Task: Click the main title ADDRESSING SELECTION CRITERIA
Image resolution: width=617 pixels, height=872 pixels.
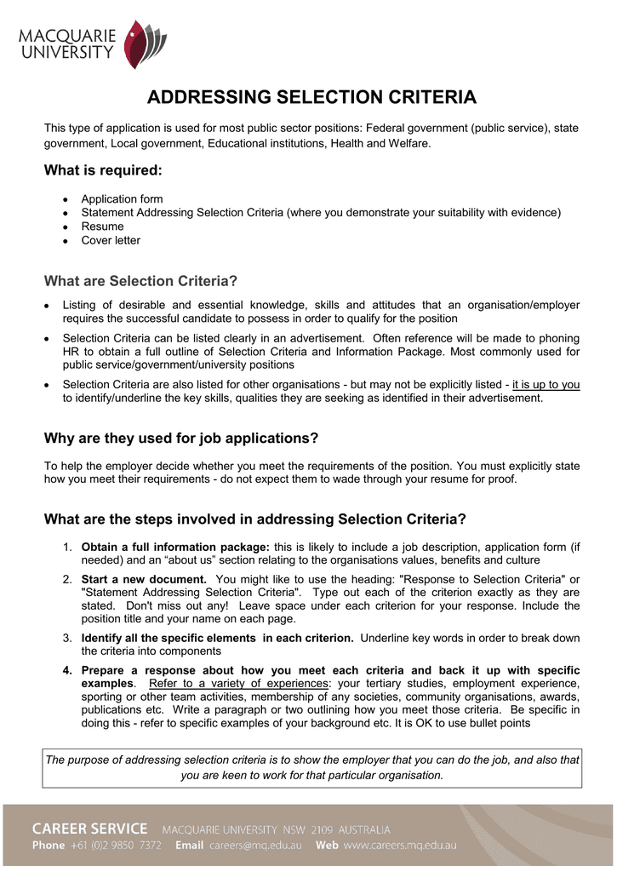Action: (311, 97)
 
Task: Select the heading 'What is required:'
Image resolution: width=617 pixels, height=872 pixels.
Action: (102, 170)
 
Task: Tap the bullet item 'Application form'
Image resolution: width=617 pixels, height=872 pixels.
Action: (122, 199)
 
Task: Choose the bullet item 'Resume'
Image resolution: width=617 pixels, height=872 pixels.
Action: (102, 227)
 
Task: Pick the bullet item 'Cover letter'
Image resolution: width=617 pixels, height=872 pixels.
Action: (111, 240)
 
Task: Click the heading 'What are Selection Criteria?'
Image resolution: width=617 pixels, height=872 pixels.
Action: (140, 281)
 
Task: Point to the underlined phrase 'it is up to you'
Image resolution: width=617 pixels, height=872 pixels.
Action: (546, 384)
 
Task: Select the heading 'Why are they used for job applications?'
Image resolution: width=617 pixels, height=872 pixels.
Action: (180, 439)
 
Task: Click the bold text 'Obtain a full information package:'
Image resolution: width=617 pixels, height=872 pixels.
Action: (175, 547)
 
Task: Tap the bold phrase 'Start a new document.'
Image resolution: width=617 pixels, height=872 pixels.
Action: (144, 579)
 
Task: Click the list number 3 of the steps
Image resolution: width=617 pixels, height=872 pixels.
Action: (67, 638)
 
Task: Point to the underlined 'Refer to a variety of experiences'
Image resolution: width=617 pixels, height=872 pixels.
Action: (238, 684)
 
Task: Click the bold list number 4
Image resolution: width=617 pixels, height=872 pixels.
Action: (67, 670)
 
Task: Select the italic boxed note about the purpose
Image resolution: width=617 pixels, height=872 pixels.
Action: (311, 767)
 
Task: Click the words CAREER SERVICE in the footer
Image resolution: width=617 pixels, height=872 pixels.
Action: (90, 829)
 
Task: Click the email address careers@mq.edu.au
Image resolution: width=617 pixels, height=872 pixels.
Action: (255, 846)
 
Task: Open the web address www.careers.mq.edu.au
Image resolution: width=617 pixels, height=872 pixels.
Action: (400, 846)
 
